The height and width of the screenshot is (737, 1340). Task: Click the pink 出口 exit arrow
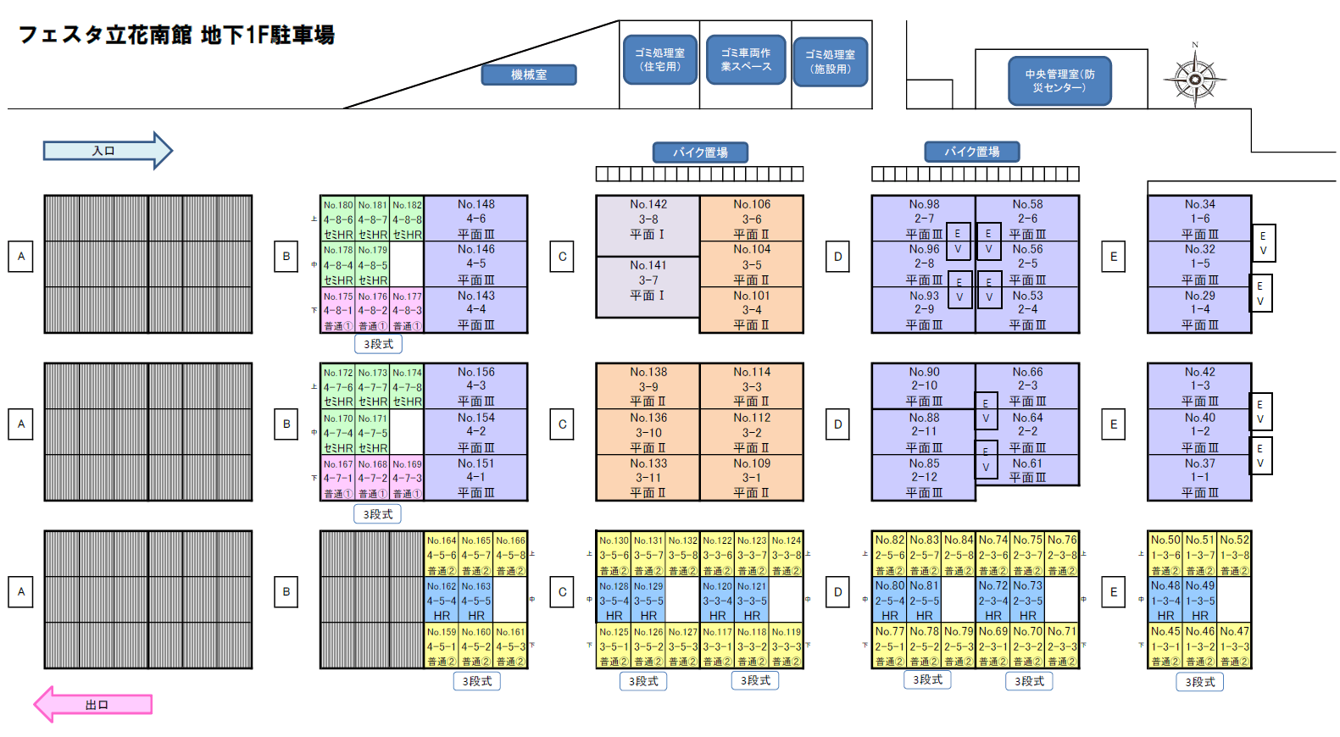(x=95, y=704)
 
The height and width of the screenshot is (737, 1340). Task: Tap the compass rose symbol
(x=1195, y=80)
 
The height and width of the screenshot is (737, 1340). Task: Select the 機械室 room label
(x=529, y=75)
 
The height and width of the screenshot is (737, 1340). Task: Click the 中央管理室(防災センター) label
(x=1059, y=80)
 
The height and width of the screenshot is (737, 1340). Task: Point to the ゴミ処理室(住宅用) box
(x=660, y=59)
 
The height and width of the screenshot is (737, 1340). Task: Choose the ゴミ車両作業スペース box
(x=746, y=59)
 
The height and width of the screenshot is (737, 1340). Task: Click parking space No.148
(x=475, y=219)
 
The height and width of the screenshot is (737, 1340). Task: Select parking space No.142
(x=648, y=225)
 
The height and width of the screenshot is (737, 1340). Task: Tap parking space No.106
(x=752, y=219)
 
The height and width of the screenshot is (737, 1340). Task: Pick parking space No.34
(x=1199, y=219)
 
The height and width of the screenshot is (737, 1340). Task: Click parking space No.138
(x=648, y=386)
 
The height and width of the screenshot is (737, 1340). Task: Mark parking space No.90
(x=924, y=386)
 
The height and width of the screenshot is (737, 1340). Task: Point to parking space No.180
(x=338, y=219)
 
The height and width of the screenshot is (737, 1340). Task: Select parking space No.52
(x=1235, y=555)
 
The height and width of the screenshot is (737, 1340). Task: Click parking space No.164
(x=442, y=555)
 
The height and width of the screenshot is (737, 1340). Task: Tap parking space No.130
(x=614, y=555)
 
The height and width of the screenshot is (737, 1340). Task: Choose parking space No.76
(x=1062, y=555)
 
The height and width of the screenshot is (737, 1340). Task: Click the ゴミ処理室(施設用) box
(x=831, y=61)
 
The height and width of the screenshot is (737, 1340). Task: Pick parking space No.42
(x=1199, y=386)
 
